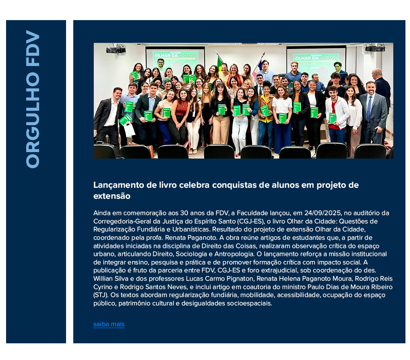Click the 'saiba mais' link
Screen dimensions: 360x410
pyautogui.click(x=109, y=324)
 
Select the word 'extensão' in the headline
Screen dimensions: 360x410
pyautogui.click(x=112, y=196)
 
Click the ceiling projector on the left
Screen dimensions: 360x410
pyautogui.click(x=115, y=49)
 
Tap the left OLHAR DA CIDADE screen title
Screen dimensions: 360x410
pyautogui.click(x=175, y=55)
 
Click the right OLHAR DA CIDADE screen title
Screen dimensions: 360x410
pyautogui.click(x=316, y=58)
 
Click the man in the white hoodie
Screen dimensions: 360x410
pyautogui.click(x=337, y=110)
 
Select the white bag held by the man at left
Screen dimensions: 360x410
pyautogui.click(x=129, y=129)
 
